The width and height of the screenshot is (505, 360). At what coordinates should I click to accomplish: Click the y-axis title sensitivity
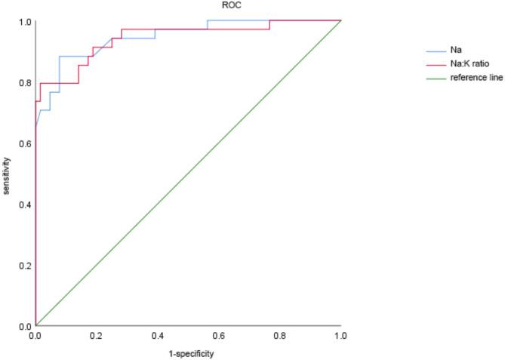click(x=7, y=174)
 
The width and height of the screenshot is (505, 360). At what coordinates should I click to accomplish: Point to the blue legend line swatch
click(x=436, y=51)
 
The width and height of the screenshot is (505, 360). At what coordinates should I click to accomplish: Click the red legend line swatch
click(x=436, y=64)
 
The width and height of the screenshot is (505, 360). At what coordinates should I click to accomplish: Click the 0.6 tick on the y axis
click(x=25, y=143)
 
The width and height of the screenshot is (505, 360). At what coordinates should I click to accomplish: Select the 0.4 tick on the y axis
click(x=25, y=205)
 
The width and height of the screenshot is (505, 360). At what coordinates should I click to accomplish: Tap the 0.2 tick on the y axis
click(x=25, y=266)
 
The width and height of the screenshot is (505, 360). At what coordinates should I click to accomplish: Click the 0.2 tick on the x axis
click(x=97, y=334)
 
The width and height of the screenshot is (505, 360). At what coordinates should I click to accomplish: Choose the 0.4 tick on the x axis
click(x=158, y=334)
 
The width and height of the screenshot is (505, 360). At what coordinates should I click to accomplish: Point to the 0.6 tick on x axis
click(x=219, y=334)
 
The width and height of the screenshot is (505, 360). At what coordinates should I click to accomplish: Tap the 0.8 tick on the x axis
click(x=280, y=334)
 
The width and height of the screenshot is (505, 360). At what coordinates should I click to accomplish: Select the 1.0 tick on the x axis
click(x=341, y=334)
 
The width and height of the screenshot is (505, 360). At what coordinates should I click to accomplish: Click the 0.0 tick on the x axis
click(x=35, y=334)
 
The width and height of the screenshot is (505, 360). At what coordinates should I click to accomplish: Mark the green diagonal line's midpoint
click(x=189, y=174)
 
